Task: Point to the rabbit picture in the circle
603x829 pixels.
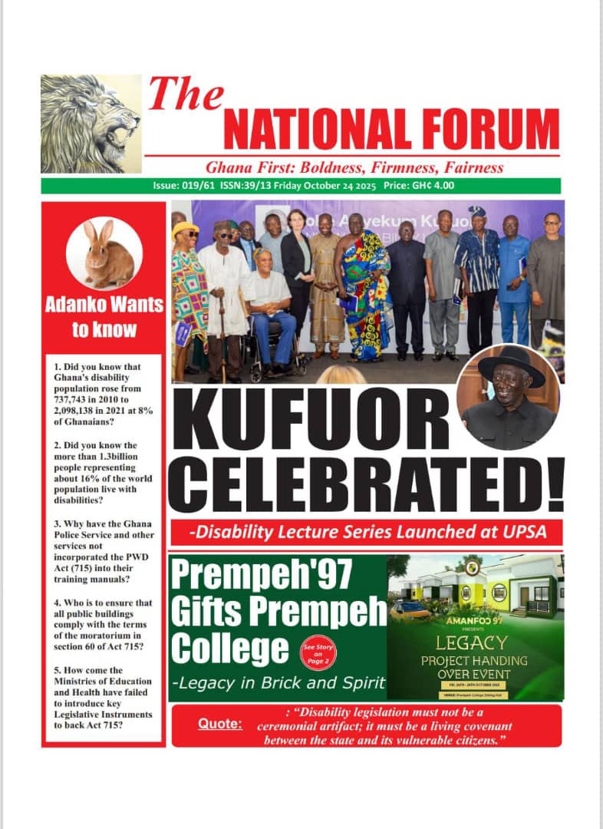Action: click(x=104, y=253)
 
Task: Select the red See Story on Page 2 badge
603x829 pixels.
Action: click(x=317, y=657)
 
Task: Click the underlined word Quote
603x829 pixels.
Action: click(x=220, y=724)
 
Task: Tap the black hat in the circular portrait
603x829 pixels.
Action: click(x=511, y=367)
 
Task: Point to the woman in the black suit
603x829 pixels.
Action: click(x=296, y=269)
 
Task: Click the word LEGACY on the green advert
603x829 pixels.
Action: click(x=471, y=642)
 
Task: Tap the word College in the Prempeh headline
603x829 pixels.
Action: click(x=229, y=649)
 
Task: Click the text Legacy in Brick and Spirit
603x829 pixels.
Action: click(x=278, y=683)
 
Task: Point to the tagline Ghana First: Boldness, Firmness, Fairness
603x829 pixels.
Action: click(x=354, y=167)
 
